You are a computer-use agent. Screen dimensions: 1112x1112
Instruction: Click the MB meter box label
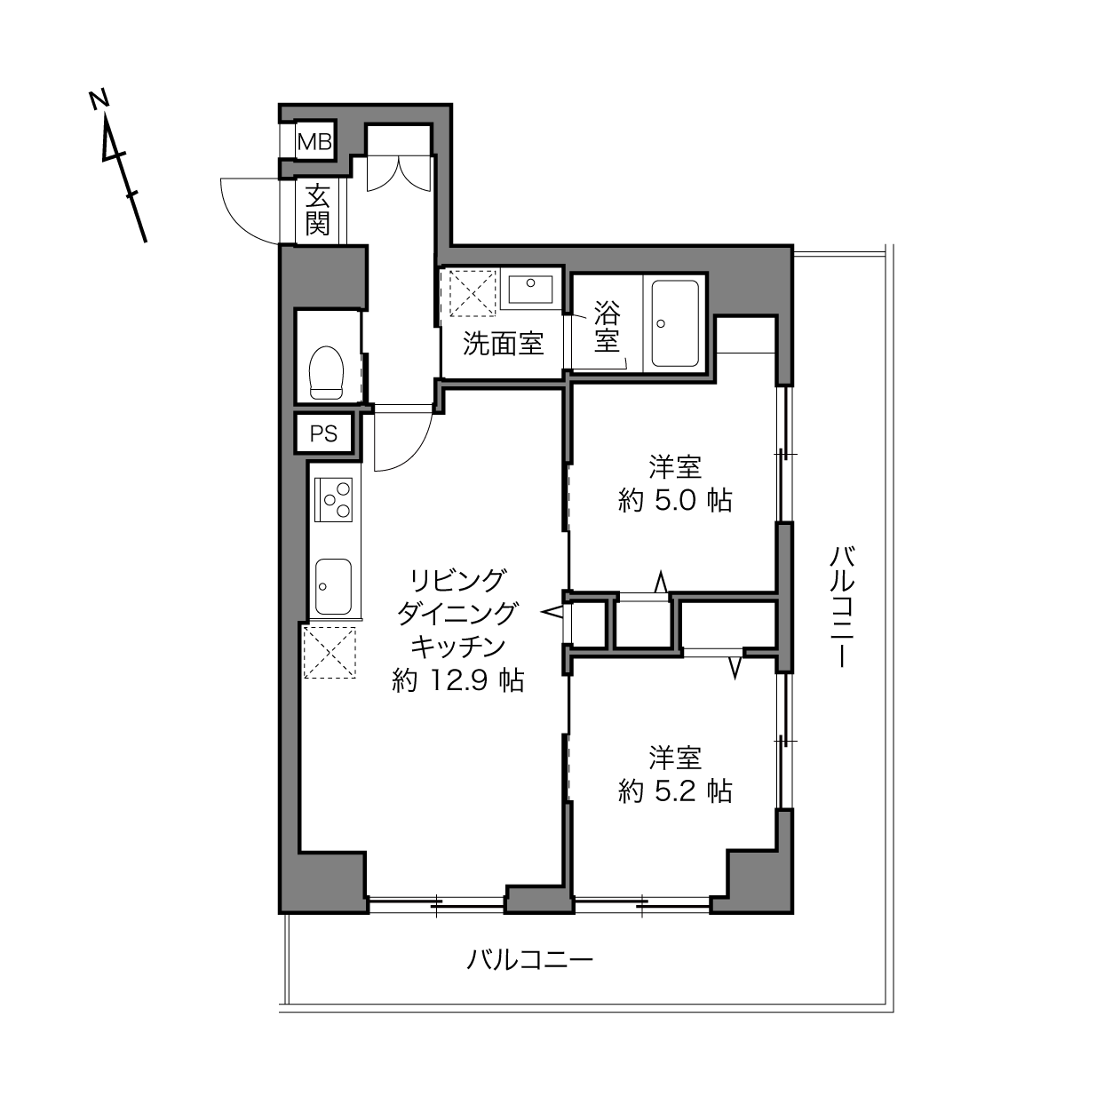click(x=315, y=141)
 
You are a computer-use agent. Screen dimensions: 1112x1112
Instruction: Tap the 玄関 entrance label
click(x=317, y=210)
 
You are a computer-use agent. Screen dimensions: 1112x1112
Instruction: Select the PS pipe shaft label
click(x=323, y=433)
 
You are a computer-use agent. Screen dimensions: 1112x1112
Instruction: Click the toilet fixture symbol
click(x=326, y=372)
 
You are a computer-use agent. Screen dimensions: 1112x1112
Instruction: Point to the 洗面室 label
click(x=504, y=344)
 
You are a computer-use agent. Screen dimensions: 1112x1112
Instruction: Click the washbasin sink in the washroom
click(x=529, y=289)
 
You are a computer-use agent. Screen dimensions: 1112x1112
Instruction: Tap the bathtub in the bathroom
click(x=675, y=323)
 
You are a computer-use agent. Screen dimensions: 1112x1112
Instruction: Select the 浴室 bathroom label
click(x=607, y=326)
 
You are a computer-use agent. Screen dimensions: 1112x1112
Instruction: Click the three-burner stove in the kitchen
click(x=333, y=500)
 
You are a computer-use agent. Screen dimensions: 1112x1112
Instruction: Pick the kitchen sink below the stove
click(x=333, y=587)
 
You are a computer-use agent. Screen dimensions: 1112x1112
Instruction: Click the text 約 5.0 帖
click(x=675, y=501)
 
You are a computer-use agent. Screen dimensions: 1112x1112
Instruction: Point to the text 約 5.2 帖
click(x=675, y=791)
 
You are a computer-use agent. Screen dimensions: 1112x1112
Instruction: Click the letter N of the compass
click(x=99, y=99)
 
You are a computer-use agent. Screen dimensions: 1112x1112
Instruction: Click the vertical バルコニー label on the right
click(x=842, y=607)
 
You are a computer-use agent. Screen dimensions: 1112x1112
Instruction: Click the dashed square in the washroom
click(x=473, y=292)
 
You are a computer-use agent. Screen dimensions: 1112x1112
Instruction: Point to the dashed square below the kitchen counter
click(x=330, y=652)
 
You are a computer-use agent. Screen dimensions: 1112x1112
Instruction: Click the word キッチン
click(x=457, y=647)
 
